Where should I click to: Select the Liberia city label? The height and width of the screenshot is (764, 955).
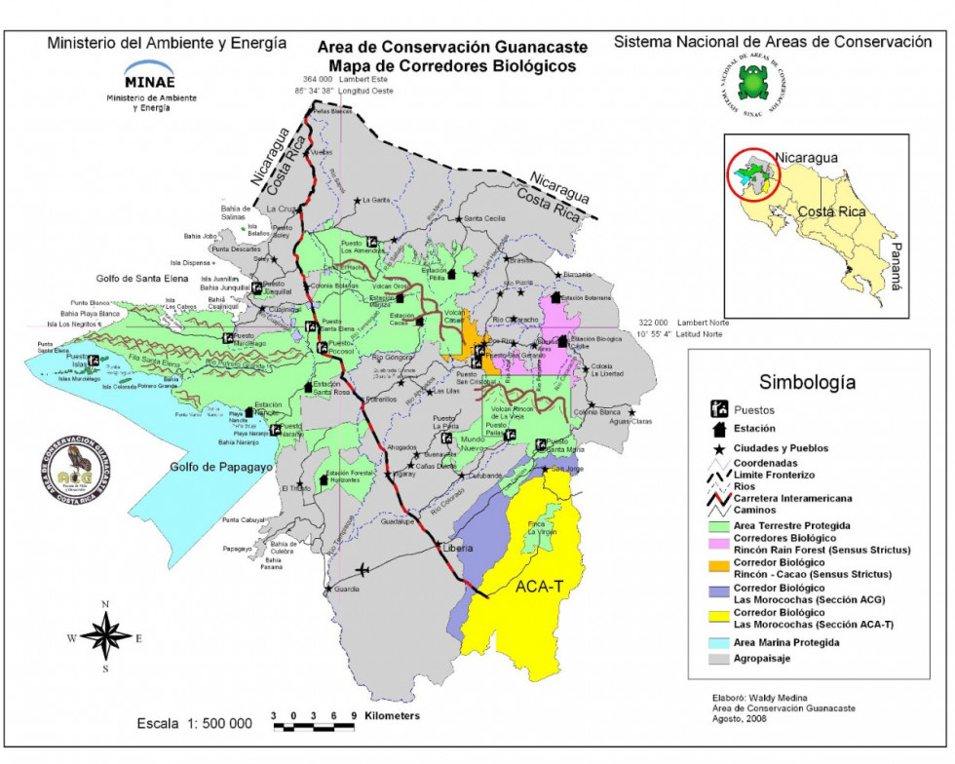(x=458, y=549)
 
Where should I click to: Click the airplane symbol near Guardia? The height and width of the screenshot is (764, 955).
(x=363, y=569)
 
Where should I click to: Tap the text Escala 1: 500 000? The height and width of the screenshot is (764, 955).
(x=196, y=724)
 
